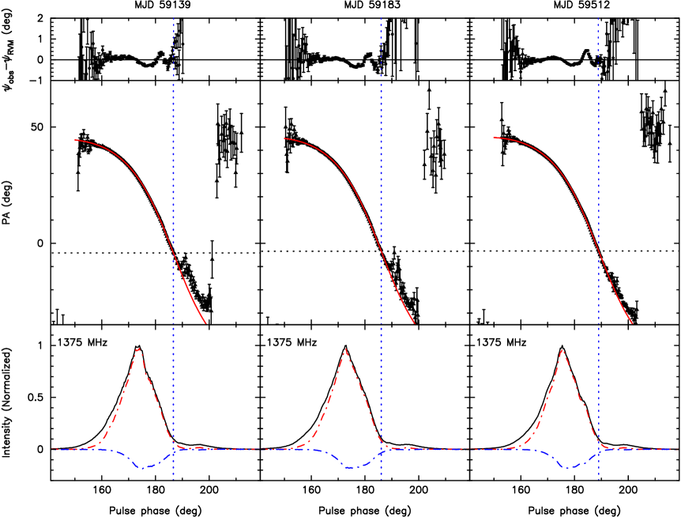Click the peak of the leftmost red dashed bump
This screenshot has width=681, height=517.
click(x=138, y=349)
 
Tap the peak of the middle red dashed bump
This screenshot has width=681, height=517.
click(x=345, y=349)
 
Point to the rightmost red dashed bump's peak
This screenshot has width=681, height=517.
click(x=562, y=349)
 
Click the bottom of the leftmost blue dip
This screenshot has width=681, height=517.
click(x=143, y=468)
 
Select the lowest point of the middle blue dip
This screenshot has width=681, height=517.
click(x=350, y=468)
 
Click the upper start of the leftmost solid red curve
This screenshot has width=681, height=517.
click(x=75, y=140)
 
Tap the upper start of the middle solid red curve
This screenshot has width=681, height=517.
click(x=284, y=138)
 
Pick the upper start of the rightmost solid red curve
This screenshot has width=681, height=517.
click(x=494, y=138)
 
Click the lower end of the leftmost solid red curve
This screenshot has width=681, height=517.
click(x=205, y=323)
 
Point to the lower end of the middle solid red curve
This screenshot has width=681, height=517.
click(x=414, y=323)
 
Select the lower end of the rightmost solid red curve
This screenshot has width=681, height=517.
click(x=632, y=323)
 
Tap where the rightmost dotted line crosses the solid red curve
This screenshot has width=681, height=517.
click(x=598, y=255)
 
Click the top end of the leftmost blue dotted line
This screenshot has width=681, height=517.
click(x=174, y=18)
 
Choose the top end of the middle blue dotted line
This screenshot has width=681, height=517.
click(x=381, y=18)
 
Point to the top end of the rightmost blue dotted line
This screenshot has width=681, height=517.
click(x=598, y=18)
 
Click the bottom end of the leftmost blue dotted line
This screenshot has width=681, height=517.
click(x=174, y=479)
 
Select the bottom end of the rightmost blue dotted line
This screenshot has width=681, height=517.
click(x=598, y=479)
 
